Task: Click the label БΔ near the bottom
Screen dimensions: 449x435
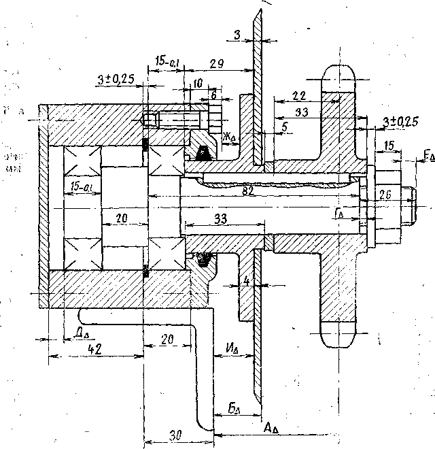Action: tap(233, 411)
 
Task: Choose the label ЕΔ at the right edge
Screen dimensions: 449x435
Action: tap(428, 157)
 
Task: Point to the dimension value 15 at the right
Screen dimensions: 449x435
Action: tap(388, 146)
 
